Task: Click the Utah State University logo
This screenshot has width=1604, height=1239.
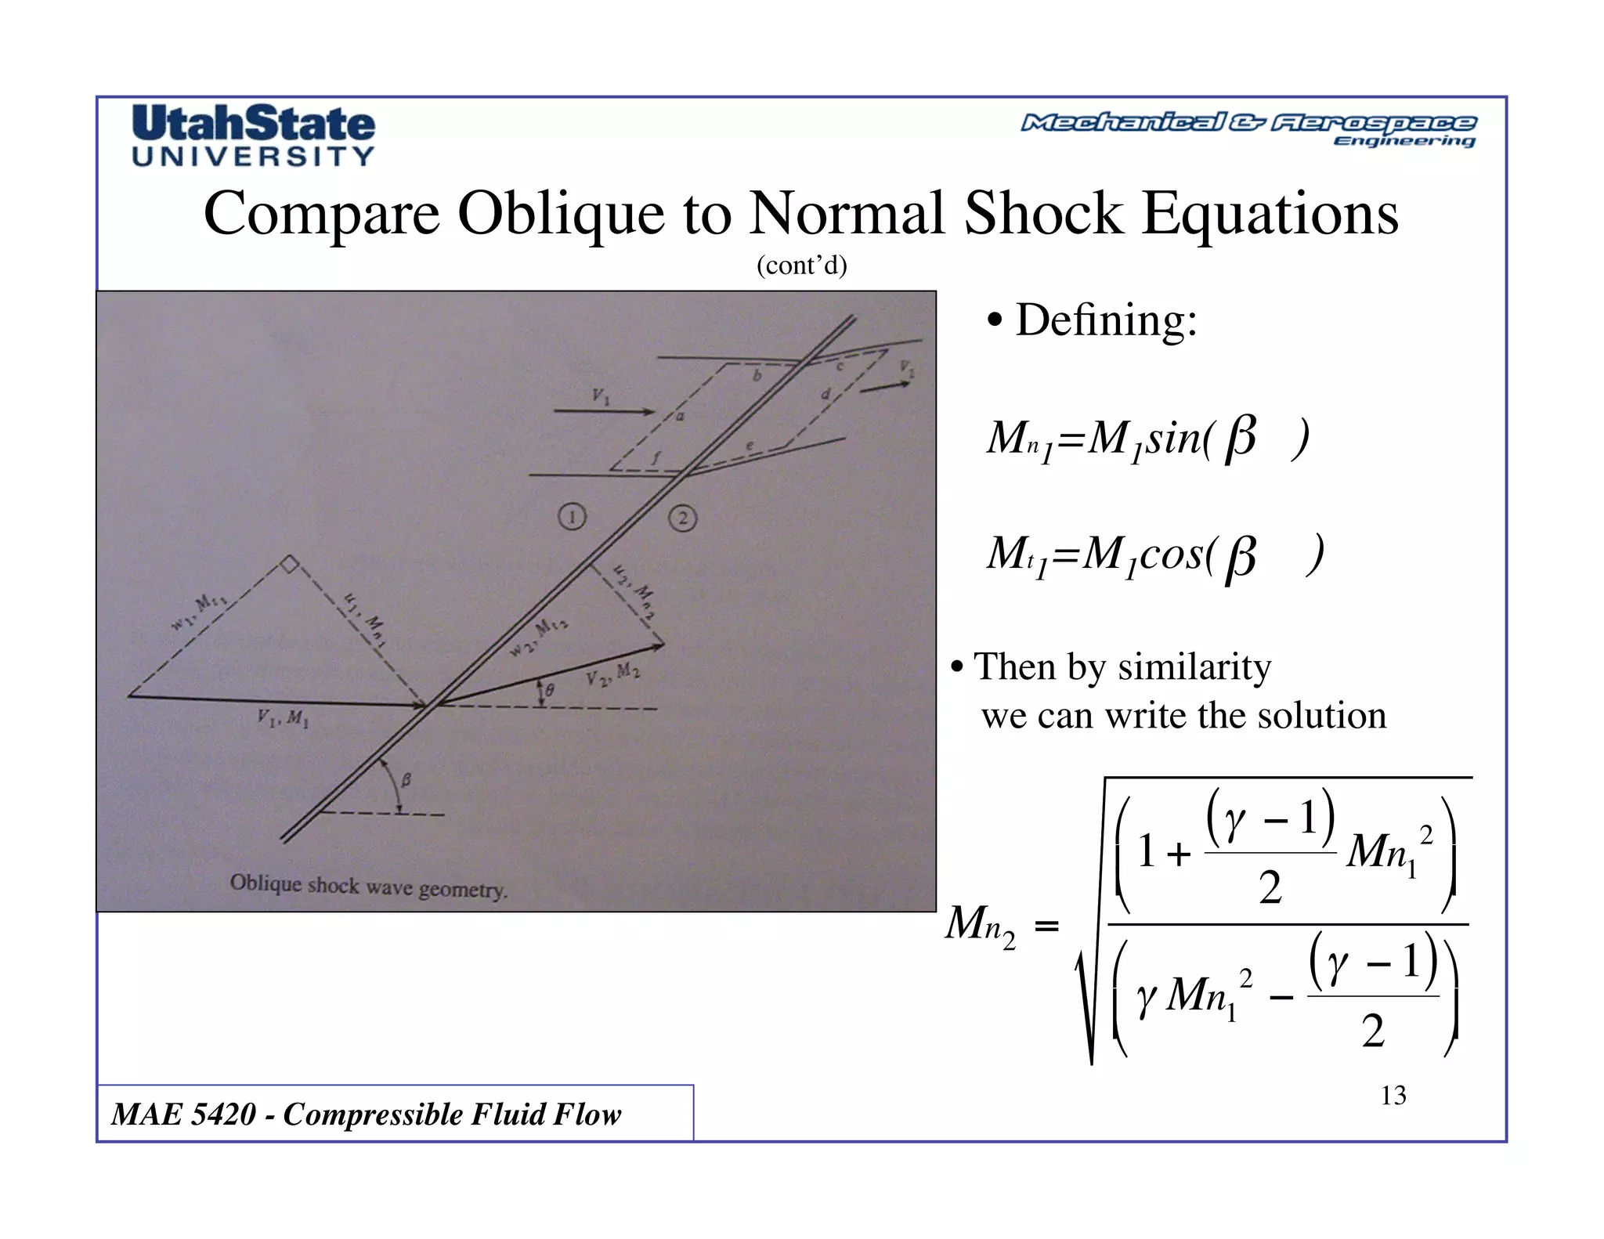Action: (254, 135)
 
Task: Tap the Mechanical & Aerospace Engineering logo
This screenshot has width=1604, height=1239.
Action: (1248, 129)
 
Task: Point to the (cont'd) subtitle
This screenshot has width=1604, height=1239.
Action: (801, 266)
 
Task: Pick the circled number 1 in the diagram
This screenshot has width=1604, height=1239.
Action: (573, 517)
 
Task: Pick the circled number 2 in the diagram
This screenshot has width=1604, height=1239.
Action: (683, 518)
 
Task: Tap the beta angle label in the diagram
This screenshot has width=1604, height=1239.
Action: (406, 780)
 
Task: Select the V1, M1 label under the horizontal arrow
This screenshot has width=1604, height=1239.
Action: (283, 718)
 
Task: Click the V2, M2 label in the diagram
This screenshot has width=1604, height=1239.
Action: (612, 675)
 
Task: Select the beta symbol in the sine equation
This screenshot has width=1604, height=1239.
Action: (1240, 437)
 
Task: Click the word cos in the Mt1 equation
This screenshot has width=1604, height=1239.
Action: (1171, 554)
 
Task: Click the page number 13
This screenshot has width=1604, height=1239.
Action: (1393, 1096)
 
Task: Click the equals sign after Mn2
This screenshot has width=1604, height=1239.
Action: (1046, 927)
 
